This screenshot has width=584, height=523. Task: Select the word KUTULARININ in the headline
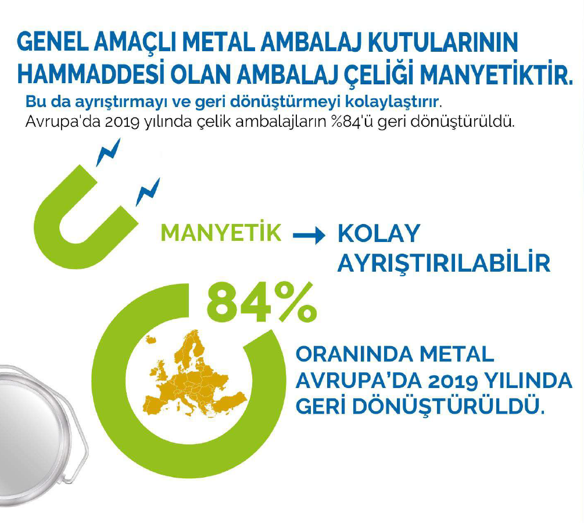pyautogui.click(x=443, y=42)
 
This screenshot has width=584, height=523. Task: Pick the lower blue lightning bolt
pyautogui.click(x=148, y=192)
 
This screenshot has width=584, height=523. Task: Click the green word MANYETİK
pyautogui.click(x=221, y=233)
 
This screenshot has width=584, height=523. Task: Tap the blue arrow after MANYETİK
pyautogui.click(x=309, y=236)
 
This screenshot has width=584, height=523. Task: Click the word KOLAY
pyautogui.click(x=379, y=233)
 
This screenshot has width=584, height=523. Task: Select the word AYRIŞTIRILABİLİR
pyautogui.click(x=443, y=262)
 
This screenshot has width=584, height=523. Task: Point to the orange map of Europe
pyautogui.click(x=195, y=375)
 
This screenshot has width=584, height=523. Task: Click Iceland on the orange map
pyautogui.click(x=151, y=340)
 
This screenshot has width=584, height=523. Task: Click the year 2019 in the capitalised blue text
pyautogui.click(x=453, y=381)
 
